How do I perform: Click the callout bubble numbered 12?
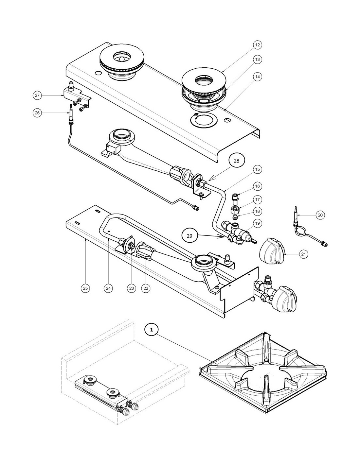click(258, 45)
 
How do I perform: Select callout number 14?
click(258, 77)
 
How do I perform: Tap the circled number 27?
click(37, 95)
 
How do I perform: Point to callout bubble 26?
click(37, 112)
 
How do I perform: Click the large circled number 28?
click(236, 161)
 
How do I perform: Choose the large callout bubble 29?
click(189, 236)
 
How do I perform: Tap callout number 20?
click(320, 215)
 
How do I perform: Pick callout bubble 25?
click(85, 288)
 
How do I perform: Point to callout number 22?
click(146, 288)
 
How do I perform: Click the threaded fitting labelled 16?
click(235, 198)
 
